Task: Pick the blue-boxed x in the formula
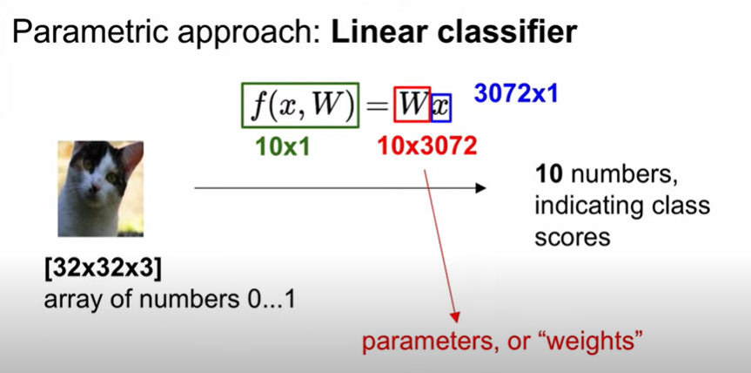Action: tap(441, 108)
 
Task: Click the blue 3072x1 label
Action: tap(516, 94)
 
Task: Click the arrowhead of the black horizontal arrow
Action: tap(481, 186)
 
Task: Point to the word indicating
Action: tap(580, 207)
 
